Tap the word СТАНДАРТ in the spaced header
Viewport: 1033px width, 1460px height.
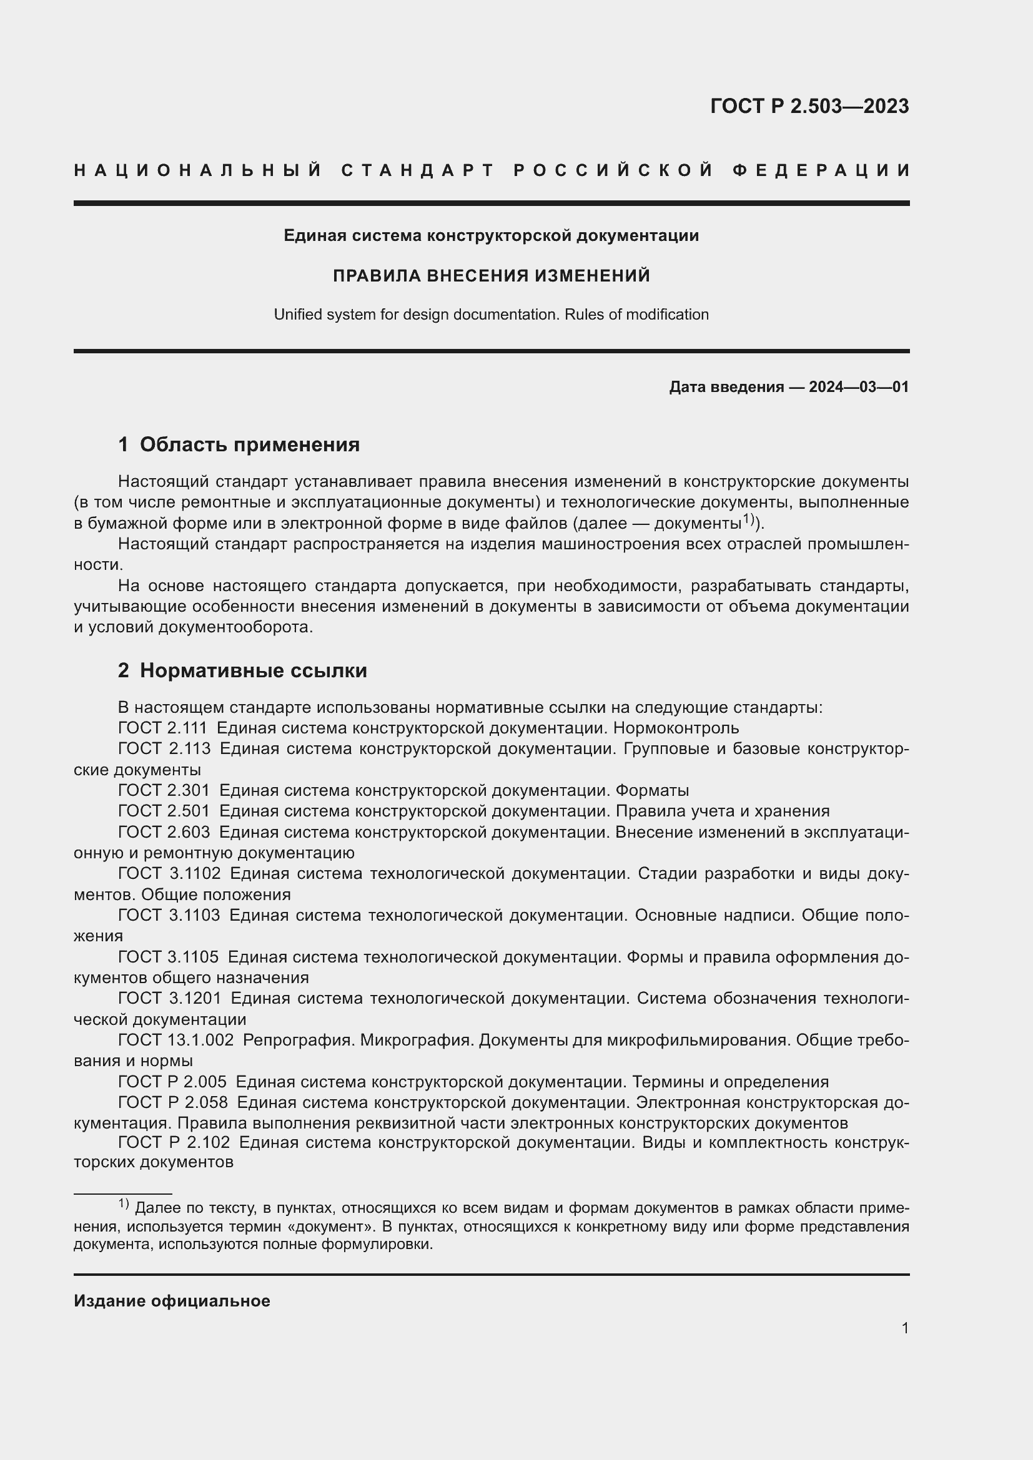pyautogui.click(x=418, y=170)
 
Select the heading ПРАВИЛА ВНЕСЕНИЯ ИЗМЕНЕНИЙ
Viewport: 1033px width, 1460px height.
pyautogui.click(x=491, y=276)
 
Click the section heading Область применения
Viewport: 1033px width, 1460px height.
pyautogui.click(x=249, y=444)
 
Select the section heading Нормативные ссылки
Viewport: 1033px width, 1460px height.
pyautogui.click(x=253, y=671)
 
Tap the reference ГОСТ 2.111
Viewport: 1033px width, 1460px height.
pyautogui.click(x=163, y=728)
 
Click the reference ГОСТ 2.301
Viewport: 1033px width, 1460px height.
pyautogui.click(x=164, y=790)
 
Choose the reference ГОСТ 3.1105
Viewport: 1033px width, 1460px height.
pyautogui.click(x=169, y=957)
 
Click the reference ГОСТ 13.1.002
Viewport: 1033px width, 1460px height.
pyautogui.click(x=176, y=1041)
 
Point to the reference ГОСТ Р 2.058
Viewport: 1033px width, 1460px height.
pyautogui.click(x=172, y=1102)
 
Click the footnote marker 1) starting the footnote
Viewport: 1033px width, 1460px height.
pyautogui.click(x=124, y=1203)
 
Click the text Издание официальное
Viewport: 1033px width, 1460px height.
pyautogui.click(x=172, y=1301)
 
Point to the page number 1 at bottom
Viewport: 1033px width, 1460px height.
pyautogui.click(x=904, y=1328)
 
